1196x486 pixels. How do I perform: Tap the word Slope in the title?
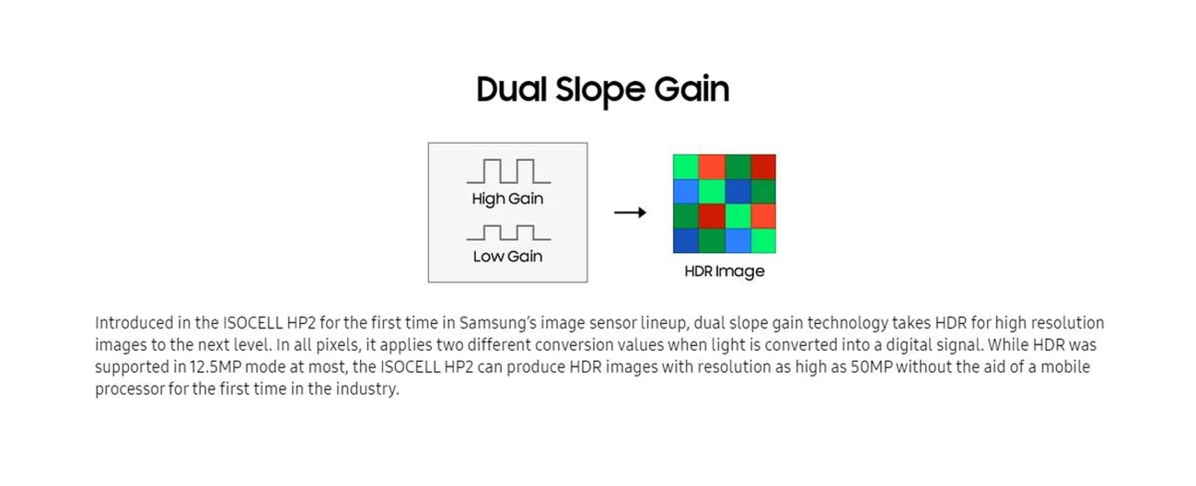[x=600, y=90]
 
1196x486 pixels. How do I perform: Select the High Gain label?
[x=508, y=199]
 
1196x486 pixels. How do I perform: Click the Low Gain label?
[x=508, y=256]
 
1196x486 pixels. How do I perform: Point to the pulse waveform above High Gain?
[x=508, y=171]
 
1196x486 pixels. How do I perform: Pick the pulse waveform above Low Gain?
[x=508, y=233]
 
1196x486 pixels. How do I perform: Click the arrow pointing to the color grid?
[x=630, y=213]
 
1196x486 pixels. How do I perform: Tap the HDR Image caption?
[x=724, y=271]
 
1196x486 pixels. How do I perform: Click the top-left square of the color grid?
[x=686, y=167]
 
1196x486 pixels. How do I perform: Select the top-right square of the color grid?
[x=763, y=167]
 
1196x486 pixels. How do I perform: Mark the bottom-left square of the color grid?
[x=686, y=241]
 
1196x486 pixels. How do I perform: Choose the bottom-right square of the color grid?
[x=763, y=241]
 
